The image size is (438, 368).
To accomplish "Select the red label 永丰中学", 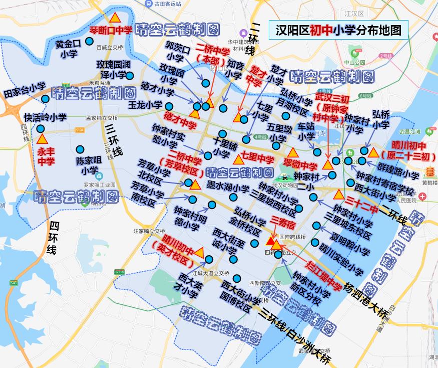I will pos(46,155).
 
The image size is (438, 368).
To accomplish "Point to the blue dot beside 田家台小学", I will pos(45,99).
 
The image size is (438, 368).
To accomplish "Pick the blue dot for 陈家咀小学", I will pos(80,149).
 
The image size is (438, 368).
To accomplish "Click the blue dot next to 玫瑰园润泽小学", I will pos(130,76).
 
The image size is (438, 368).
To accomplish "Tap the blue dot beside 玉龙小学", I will pos(169,106).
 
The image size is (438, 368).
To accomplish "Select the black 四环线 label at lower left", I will pos(52,237).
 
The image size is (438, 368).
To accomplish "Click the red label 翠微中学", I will pos(300,166).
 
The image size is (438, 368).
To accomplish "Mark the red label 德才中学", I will pos(180,122).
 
